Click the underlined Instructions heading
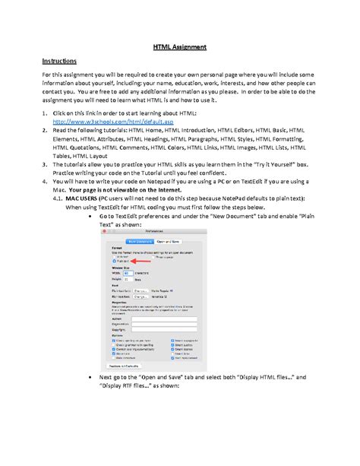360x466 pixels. pos(59,60)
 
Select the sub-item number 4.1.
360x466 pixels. pos(58,198)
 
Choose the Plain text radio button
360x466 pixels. pos(115,261)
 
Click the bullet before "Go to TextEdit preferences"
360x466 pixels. pos(92,216)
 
